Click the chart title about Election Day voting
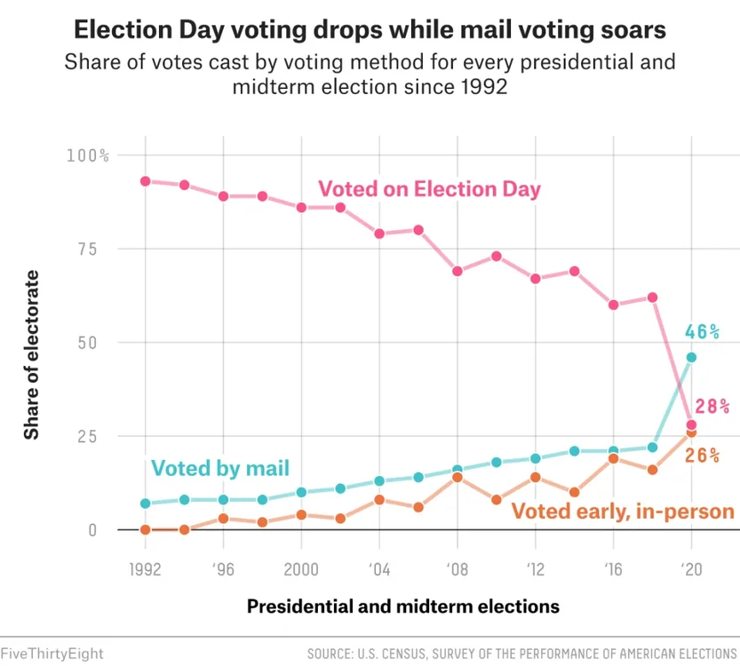(x=370, y=30)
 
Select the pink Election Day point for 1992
(x=145, y=181)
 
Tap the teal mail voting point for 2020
(x=691, y=357)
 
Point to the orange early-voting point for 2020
(x=691, y=432)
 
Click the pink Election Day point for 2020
(x=691, y=424)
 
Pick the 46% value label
(x=702, y=332)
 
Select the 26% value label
(x=702, y=456)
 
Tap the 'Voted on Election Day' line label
(x=429, y=189)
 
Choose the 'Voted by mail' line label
(x=220, y=468)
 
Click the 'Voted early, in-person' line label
(x=623, y=511)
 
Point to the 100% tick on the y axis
(x=87, y=155)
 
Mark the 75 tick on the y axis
(x=94, y=249)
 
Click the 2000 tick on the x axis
(x=301, y=570)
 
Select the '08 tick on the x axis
(x=458, y=570)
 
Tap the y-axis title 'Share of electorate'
(x=32, y=355)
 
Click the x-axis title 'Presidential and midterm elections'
(x=403, y=607)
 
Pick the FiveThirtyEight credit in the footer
(x=52, y=654)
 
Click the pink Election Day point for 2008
(x=458, y=271)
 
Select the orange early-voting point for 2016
(x=613, y=459)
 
